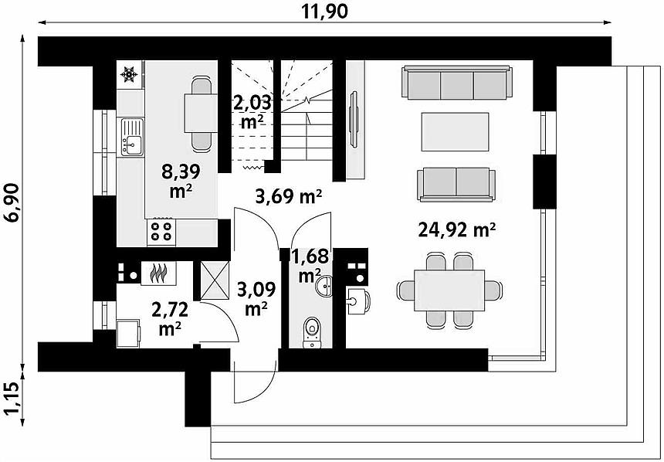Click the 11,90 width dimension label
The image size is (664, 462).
325,11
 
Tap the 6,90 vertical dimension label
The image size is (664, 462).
12,202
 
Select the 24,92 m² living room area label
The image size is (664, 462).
457,230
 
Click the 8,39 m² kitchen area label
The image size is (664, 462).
181,181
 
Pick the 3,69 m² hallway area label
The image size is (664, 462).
289,197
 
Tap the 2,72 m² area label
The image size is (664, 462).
170,319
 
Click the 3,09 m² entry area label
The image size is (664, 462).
256,298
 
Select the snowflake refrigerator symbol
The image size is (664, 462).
129,75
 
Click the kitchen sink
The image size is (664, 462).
132,137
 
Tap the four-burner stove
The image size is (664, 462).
161,232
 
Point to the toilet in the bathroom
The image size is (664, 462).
312,332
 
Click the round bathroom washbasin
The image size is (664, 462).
324,286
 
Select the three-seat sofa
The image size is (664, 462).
457,83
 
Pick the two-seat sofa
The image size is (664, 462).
456,185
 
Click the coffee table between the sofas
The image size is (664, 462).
455,132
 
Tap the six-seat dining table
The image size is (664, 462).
449,290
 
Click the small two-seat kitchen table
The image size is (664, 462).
202,113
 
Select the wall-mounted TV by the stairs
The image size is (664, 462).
353,120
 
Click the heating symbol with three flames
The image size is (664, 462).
158,273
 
